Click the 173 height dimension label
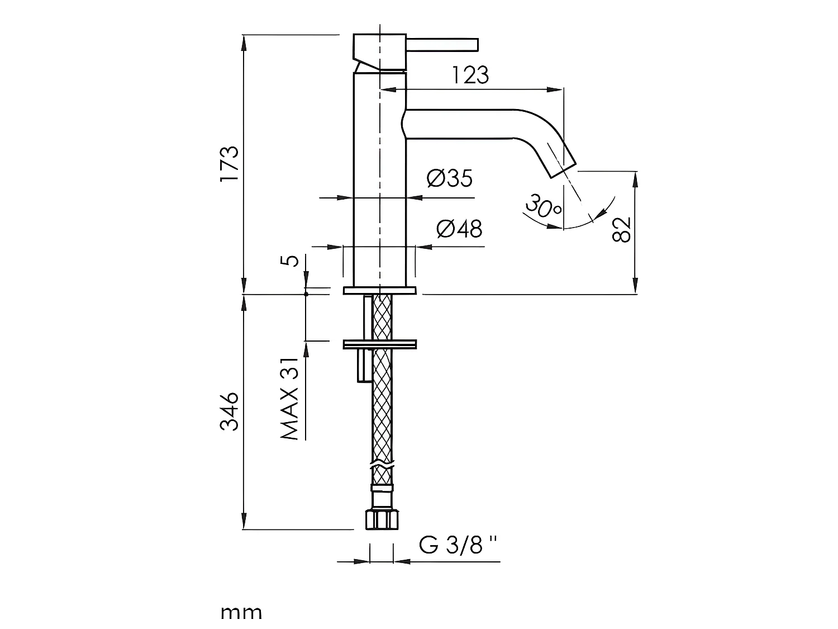(229, 163)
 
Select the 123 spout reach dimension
(470, 75)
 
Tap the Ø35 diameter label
(449, 178)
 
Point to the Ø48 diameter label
(459, 228)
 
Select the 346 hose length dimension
(229, 411)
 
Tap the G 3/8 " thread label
(458, 545)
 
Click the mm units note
(241, 613)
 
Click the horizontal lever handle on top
(442, 44)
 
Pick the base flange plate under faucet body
(379, 291)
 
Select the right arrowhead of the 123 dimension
(556, 89)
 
